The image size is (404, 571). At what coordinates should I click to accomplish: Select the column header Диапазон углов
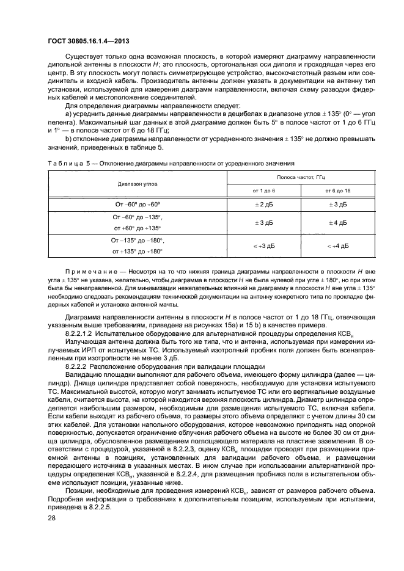point(138,183)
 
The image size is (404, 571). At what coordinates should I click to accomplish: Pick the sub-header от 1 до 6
point(263,191)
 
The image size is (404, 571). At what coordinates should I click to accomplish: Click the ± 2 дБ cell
point(263,204)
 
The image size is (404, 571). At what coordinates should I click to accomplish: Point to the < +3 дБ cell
point(263,245)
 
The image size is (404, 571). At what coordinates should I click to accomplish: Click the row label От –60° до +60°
point(138,204)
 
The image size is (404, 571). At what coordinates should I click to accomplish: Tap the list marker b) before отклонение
point(68,139)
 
